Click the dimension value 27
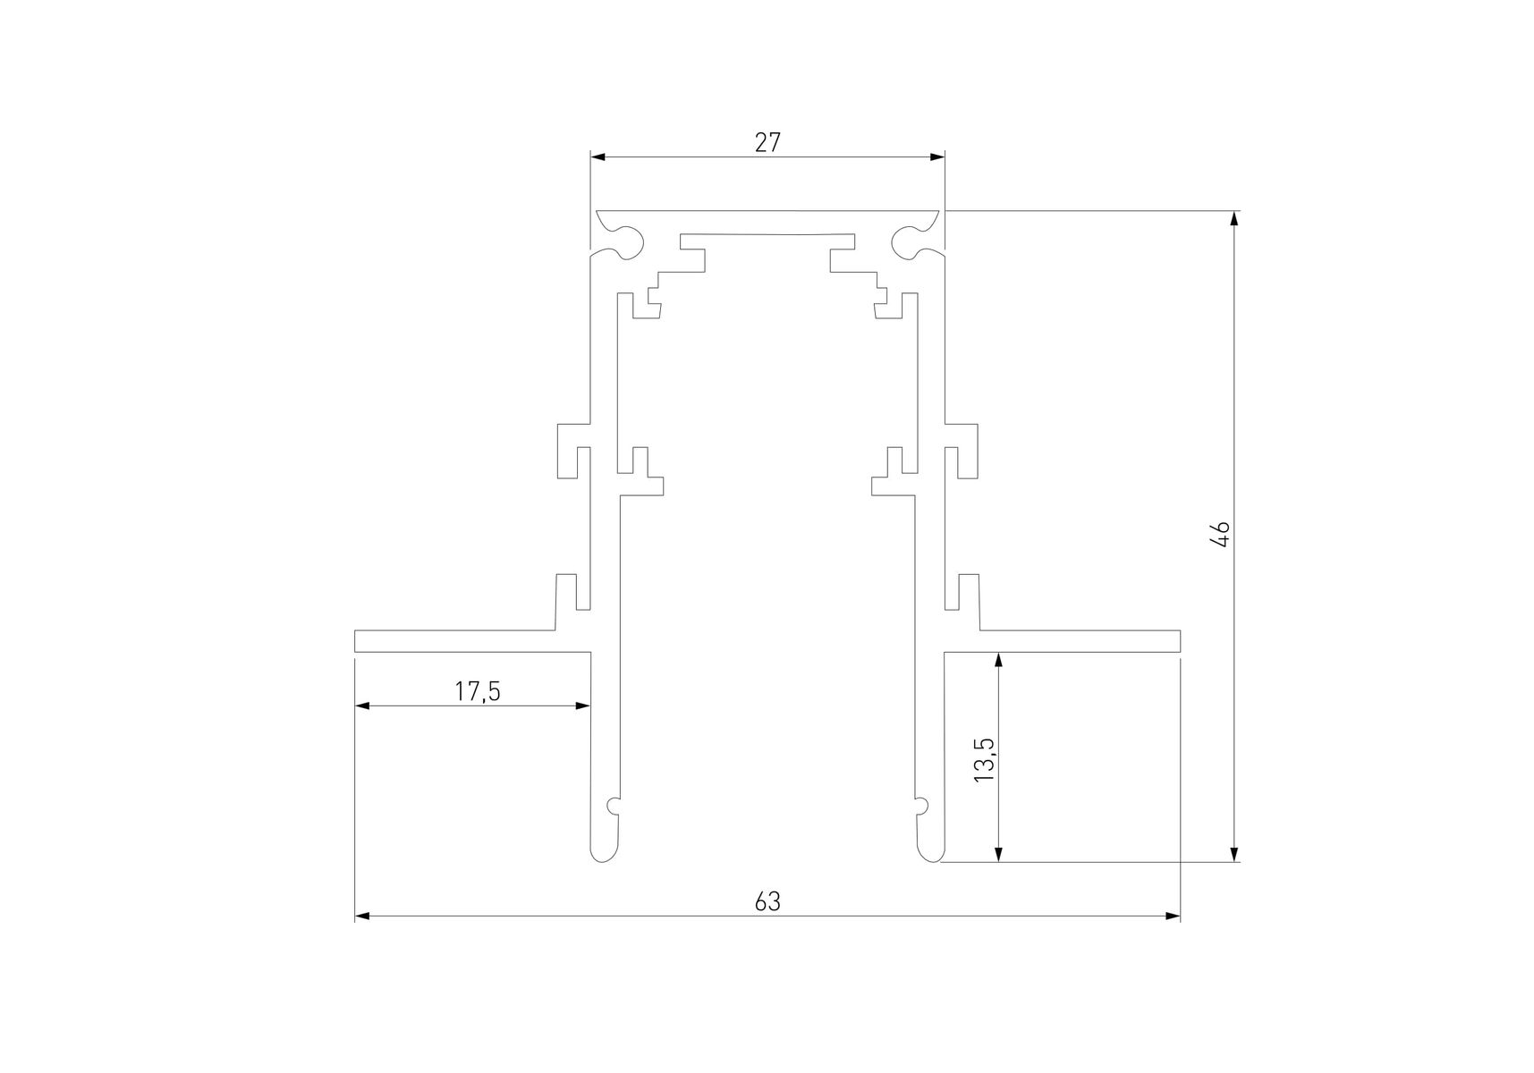click(x=767, y=142)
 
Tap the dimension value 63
click(x=767, y=901)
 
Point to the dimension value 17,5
click(x=477, y=691)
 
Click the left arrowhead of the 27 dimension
click(x=598, y=157)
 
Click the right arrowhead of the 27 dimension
click(x=937, y=157)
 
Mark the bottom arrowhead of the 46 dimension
click(x=1234, y=853)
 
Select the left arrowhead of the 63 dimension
click(x=363, y=916)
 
